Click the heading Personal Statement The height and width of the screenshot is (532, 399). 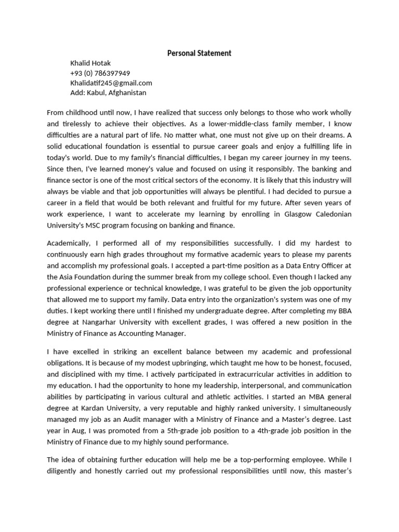click(x=199, y=53)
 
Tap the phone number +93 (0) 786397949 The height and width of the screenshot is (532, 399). click(x=100, y=73)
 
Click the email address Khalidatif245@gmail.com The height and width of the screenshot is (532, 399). click(x=111, y=83)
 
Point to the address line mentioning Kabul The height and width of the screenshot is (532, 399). click(x=108, y=93)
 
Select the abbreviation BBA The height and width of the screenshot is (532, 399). click(x=341, y=311)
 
